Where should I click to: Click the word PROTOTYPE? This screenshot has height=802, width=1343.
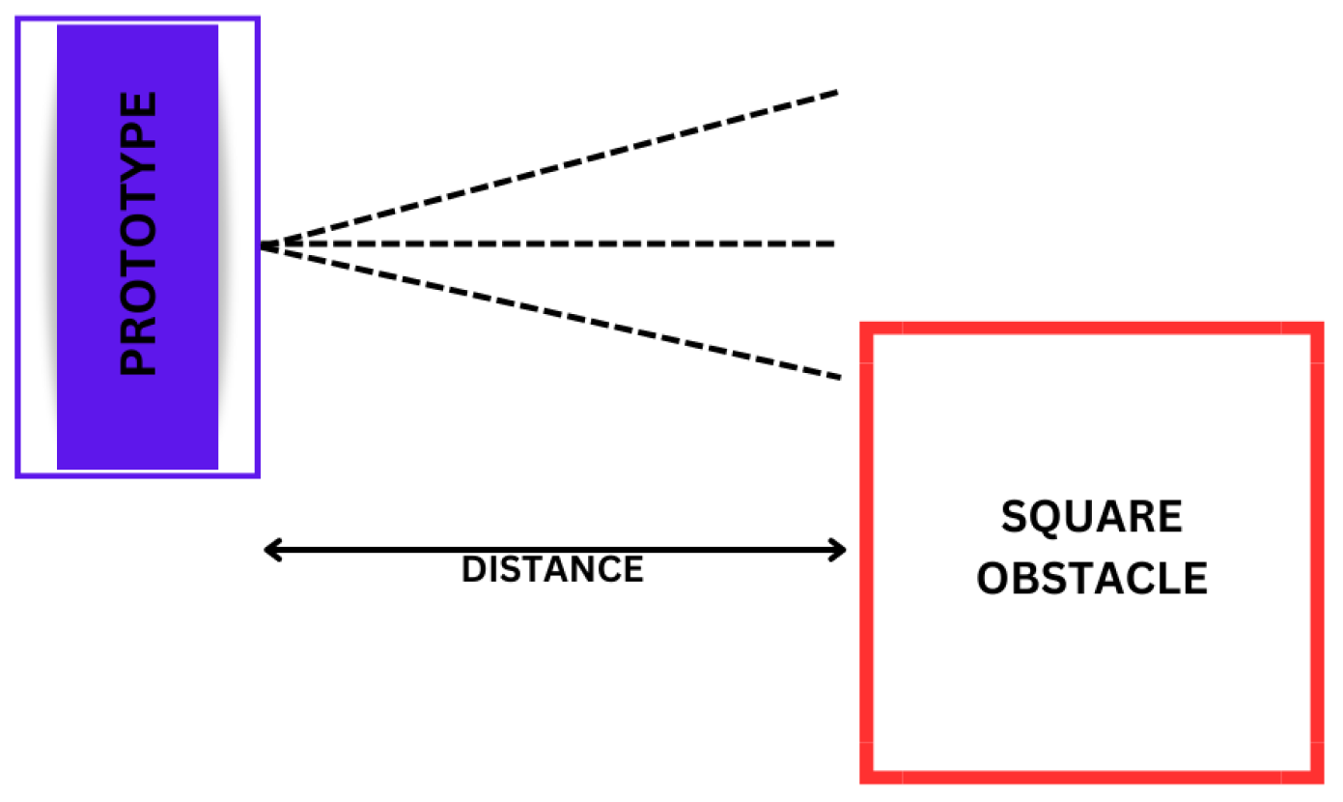138,234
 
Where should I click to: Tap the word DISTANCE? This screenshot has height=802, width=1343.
552,570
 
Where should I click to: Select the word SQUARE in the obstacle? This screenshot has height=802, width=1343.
1091,519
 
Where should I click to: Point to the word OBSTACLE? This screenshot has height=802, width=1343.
1092,579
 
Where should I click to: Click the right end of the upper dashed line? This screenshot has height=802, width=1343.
836,92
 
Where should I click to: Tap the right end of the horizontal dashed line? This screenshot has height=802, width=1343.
832,243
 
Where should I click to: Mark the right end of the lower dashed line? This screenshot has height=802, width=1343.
839,376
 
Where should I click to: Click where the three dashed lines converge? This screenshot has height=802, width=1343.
263,245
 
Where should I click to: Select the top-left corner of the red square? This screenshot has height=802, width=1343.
867,329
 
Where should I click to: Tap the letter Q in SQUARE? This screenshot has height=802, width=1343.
1048,519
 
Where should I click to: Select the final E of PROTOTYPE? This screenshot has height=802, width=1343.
138,103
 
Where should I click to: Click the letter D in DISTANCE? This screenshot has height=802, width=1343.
473,570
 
